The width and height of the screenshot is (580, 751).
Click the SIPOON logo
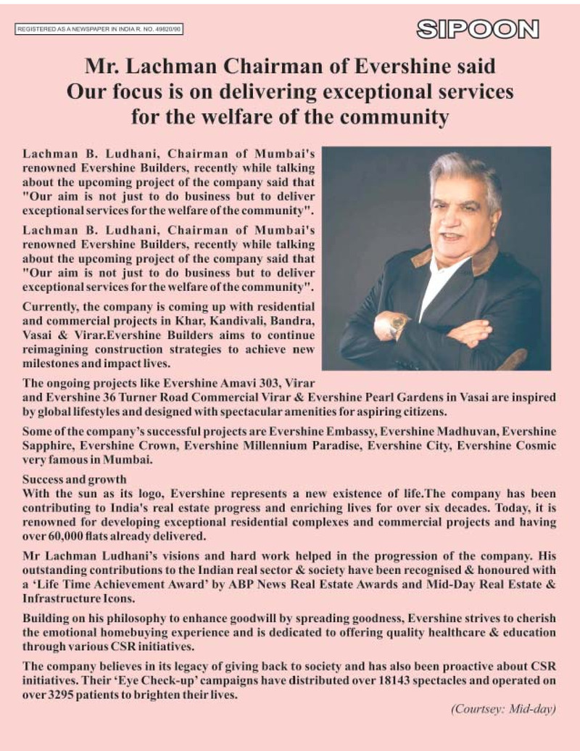click(478, 30)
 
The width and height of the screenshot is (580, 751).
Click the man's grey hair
click(464, 175)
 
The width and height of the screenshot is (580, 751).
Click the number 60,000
click(72, 536)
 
